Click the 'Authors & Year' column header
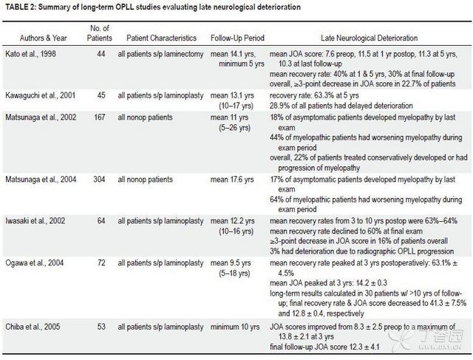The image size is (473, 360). (x=43, y=38)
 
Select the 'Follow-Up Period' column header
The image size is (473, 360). (x=237, y=38)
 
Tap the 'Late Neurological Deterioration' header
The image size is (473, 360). (x=370, y=38)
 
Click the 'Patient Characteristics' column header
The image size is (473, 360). (x=161, y=38)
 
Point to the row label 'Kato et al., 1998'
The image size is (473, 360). (x=30, y=54)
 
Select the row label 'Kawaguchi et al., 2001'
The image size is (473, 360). (x=40, y=95)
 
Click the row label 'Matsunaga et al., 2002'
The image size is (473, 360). (x=41, y=117)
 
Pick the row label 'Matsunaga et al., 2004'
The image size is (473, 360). (x=41, y=180)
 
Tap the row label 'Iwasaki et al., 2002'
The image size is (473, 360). (x=35, y=221)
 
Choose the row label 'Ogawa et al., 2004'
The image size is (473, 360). (x=35, y=263)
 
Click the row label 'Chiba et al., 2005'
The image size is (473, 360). (x=33, y=327)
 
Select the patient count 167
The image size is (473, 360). (x=99, y=117)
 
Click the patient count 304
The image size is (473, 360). (x=99, y=180)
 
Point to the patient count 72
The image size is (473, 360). (x=101, y=263)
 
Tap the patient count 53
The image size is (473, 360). (x=101, y=327)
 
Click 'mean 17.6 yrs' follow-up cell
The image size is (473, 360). (x=232, y=180)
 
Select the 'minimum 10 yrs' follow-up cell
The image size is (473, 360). (x=235, y=327)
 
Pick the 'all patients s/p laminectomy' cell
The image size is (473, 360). (x=160, y=54)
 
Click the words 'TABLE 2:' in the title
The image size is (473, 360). (x=21, y=7)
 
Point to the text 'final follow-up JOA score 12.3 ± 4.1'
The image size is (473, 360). (x=324, y=347)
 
